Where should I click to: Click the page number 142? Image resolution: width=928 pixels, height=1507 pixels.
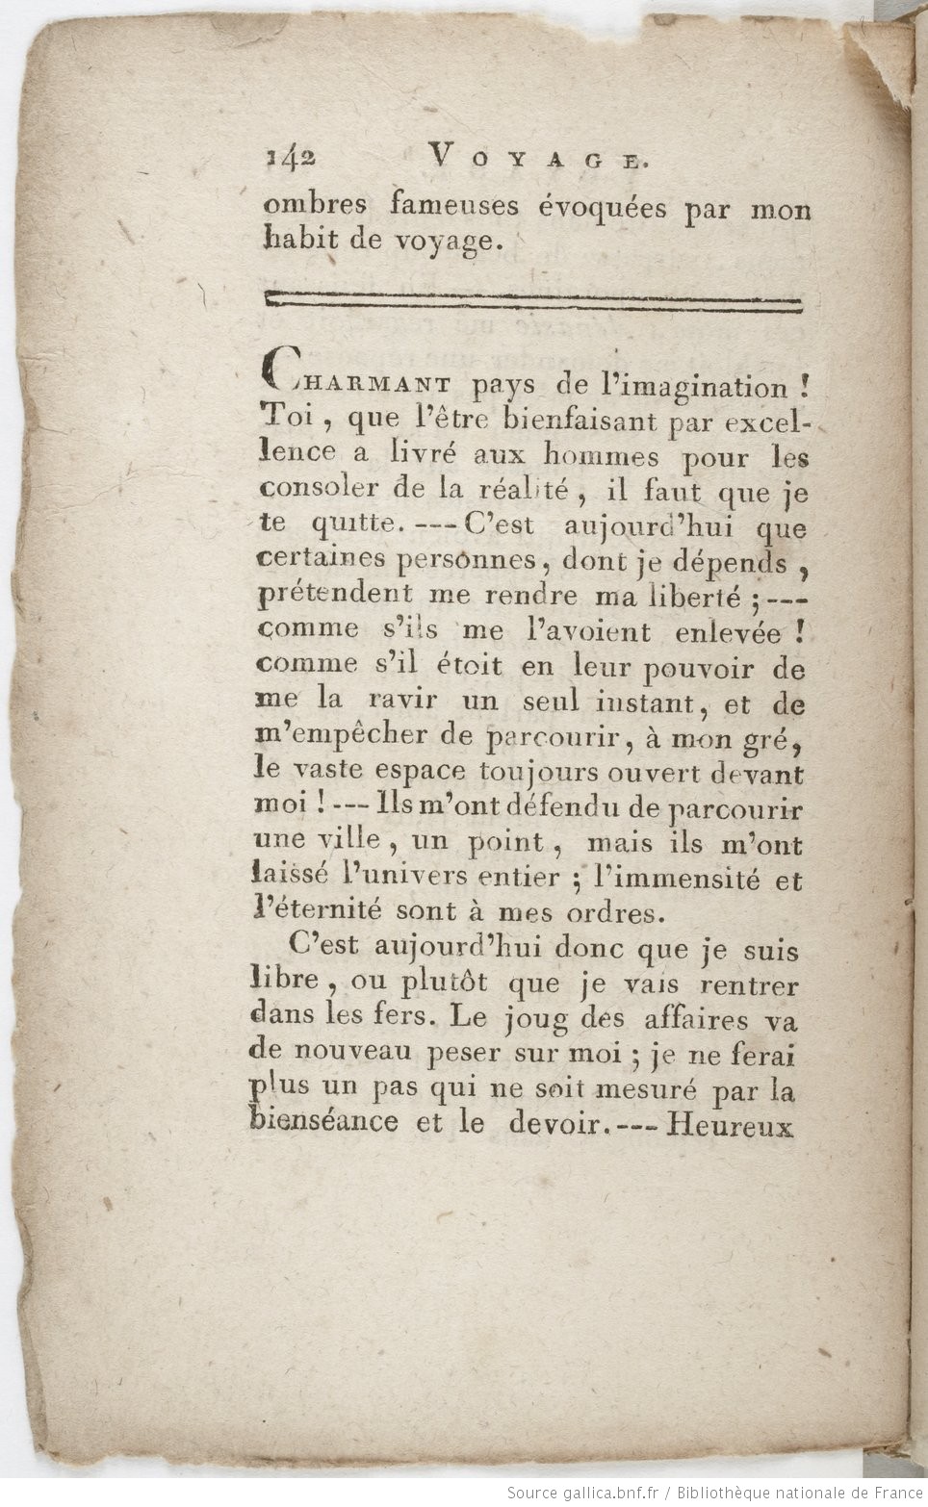290,157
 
